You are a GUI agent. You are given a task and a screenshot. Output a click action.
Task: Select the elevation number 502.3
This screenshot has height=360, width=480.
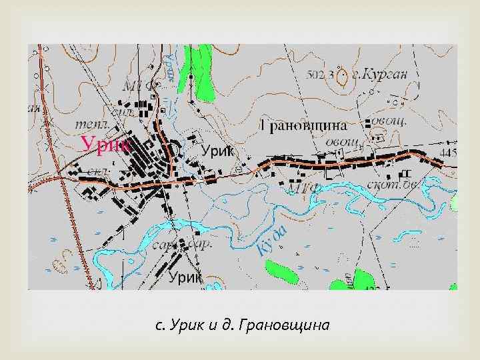pyautogui.click(x=319, y=74)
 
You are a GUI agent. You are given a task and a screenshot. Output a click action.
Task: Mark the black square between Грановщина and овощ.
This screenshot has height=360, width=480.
pyautogui.click(x=368, y=124)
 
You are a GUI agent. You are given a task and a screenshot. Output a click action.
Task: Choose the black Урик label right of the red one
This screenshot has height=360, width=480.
pyautogui.click(x=218, y=151)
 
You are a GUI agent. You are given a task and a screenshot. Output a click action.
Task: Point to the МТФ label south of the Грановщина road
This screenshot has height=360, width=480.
pyautogui.click(x=303, y=189)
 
